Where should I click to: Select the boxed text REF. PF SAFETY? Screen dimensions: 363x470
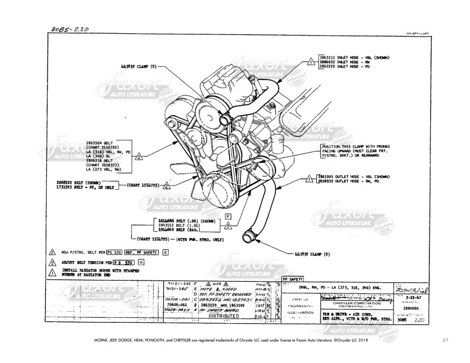click(x=142, y=251)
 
